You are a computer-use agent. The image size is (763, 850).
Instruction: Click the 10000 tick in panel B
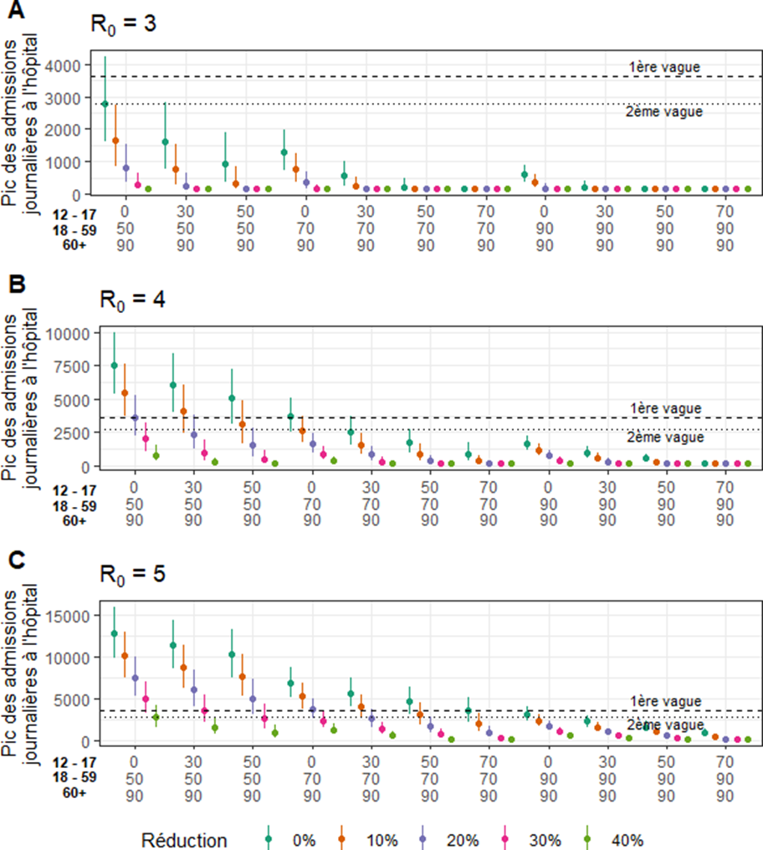[x=66, y=333]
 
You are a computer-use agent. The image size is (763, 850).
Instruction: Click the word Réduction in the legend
[x=183, y=840]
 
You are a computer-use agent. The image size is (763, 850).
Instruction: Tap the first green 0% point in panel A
[x=105, y=104]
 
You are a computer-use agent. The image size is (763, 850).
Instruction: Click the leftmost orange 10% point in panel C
[x=125, y=656]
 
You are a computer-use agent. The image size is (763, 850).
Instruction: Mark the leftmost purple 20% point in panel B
[x=135, y=417]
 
